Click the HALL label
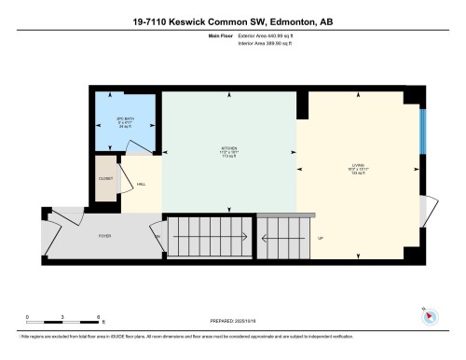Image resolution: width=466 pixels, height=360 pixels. pos(141,185)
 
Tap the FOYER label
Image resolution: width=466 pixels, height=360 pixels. pos(105,236)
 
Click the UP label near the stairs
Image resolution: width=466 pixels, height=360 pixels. pos(320,238)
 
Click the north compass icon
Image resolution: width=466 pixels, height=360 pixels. pos(429,314)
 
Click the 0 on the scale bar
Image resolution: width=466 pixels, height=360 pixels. pos(27,317)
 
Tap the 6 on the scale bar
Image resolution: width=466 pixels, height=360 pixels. pos(98,317)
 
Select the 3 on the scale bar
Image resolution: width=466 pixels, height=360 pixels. pos(62,317)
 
